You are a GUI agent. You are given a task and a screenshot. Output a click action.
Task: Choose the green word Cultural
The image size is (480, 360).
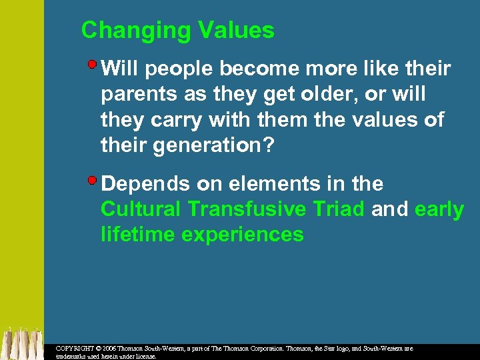(x=141, y=209)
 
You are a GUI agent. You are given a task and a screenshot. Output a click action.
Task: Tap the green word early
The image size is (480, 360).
(x=439, y=209)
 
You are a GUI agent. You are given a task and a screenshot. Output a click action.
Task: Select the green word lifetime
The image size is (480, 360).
(x=135, y=235)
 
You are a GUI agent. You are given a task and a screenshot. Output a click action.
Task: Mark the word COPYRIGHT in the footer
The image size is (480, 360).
(x=75, y=349)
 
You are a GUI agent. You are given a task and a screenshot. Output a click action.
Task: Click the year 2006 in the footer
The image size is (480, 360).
(x=110, y=349)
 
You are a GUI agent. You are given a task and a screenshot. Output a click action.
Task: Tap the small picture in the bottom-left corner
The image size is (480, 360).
(x=21, y=343)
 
